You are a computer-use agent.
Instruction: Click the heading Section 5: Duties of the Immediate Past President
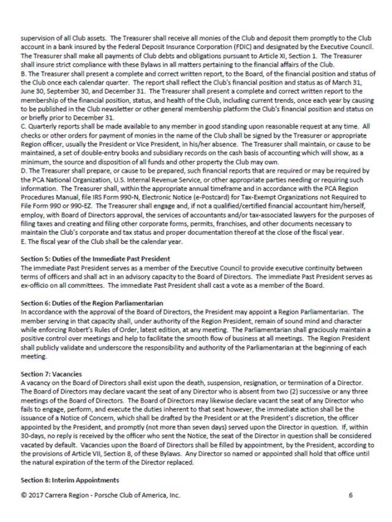click(x=95, y=259)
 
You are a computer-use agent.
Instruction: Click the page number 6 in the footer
click(x=350, y=495)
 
